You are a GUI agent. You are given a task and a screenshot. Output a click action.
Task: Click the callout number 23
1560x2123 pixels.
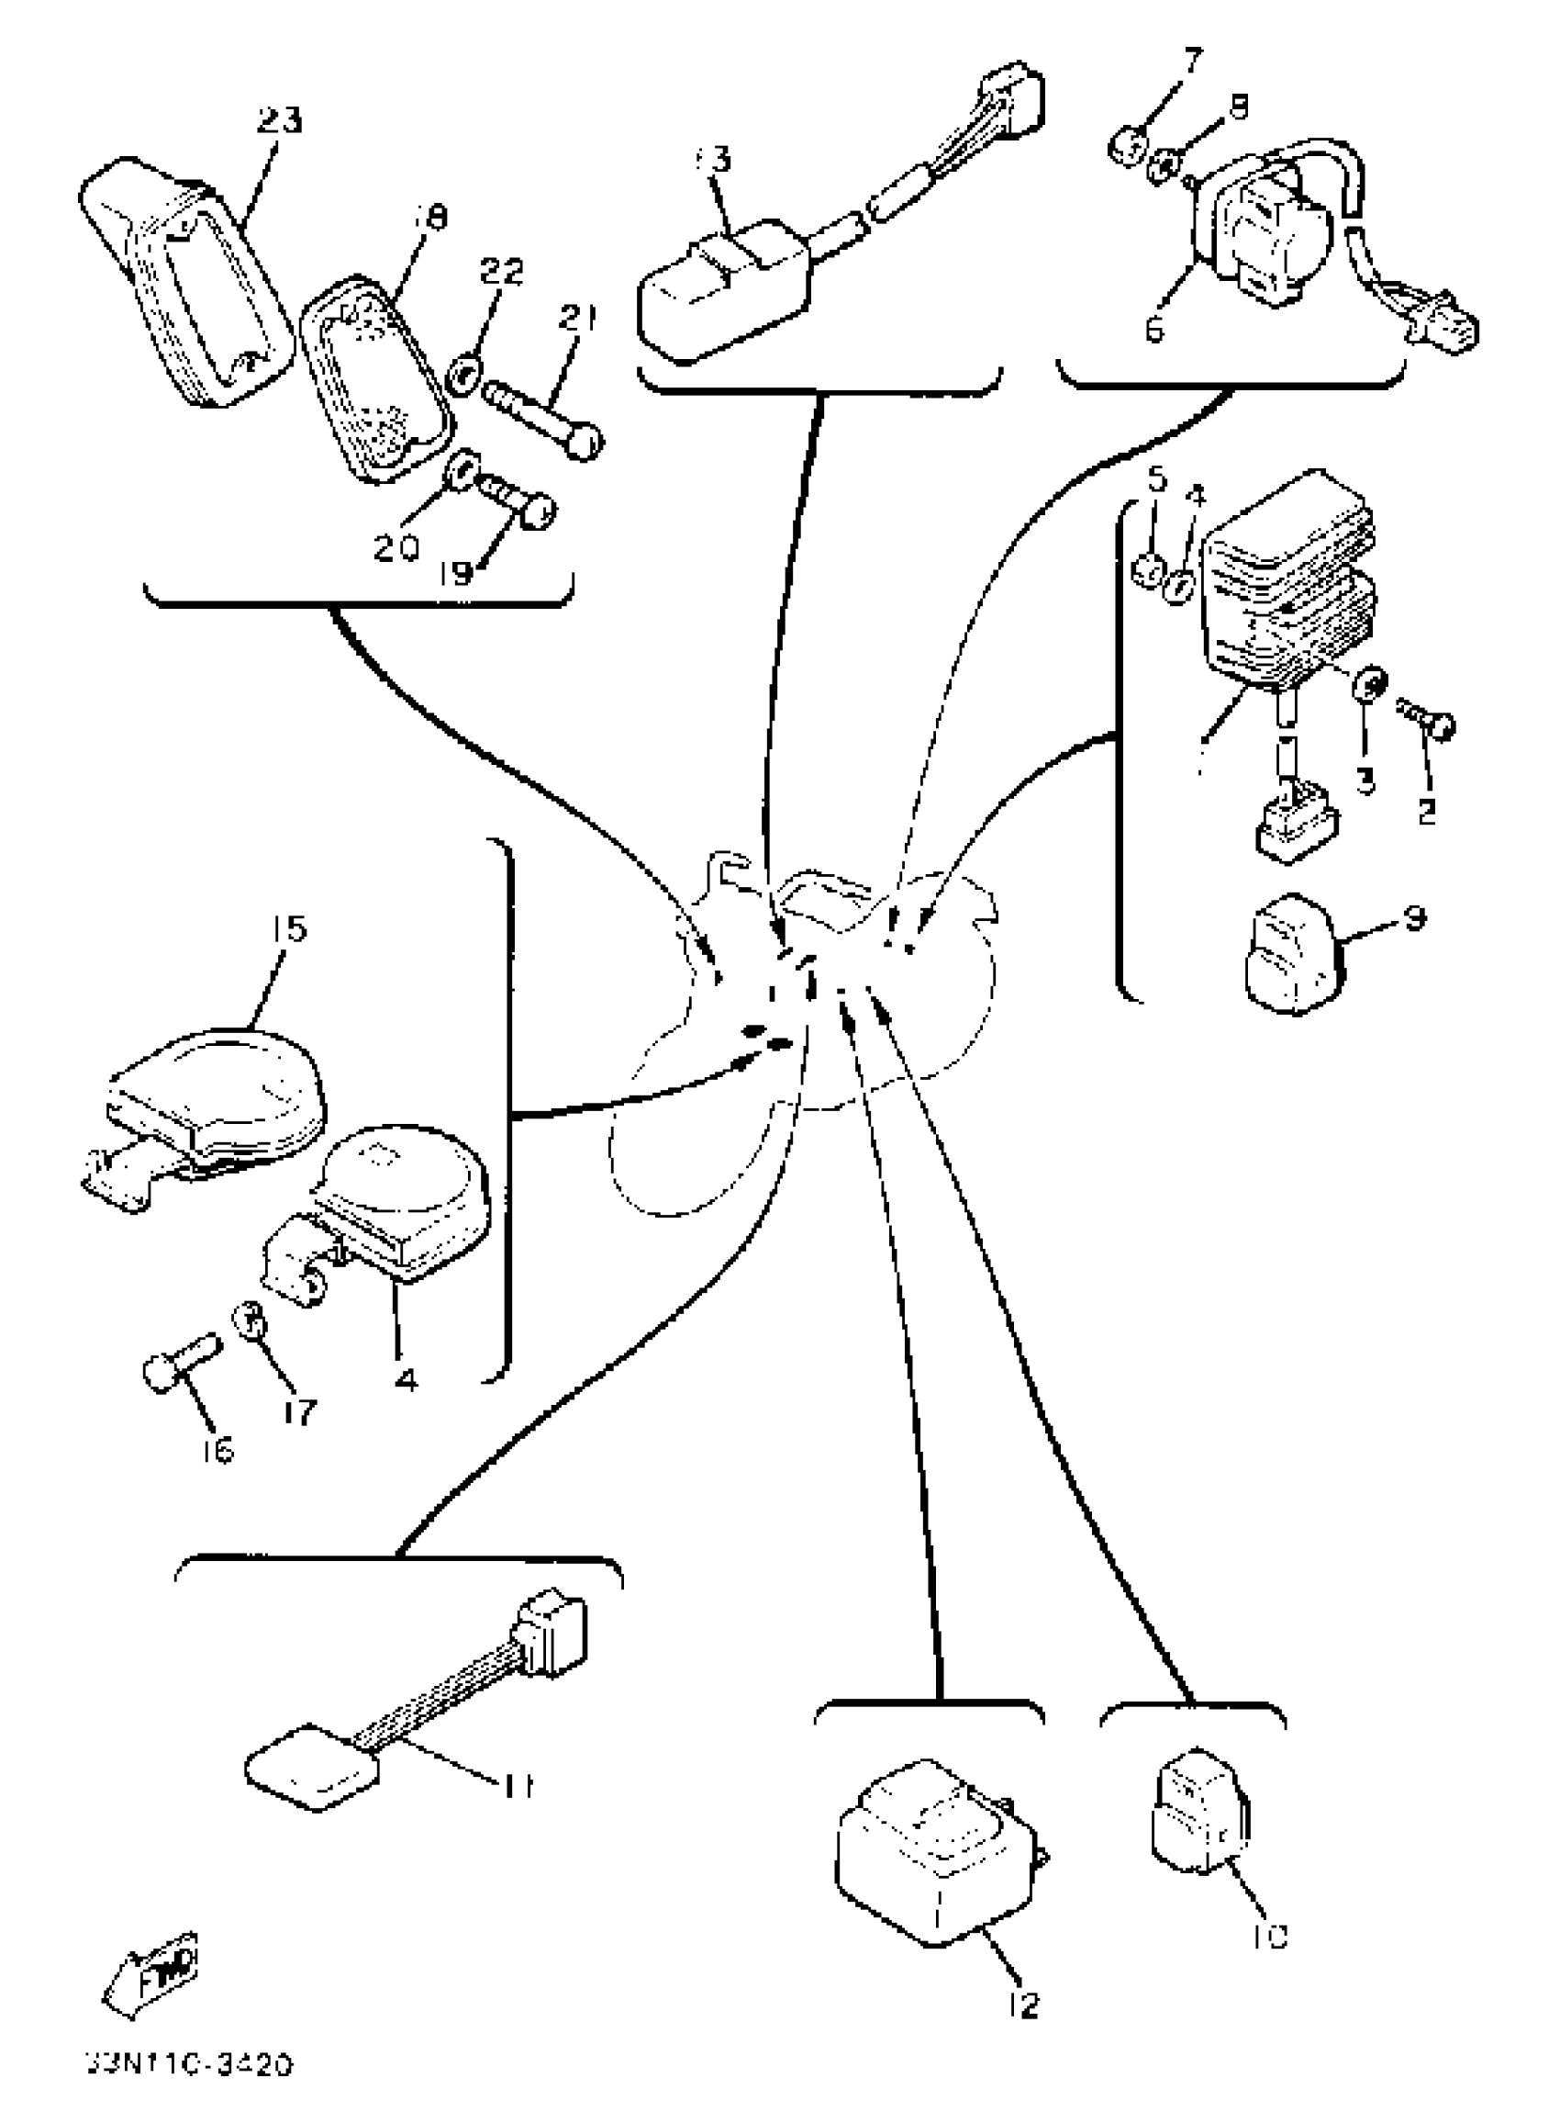tap(280, 121)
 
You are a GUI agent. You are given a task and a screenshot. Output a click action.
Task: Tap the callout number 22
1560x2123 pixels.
tap(501, 273)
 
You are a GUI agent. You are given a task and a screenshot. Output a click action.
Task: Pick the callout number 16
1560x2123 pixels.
tap(217, 1450)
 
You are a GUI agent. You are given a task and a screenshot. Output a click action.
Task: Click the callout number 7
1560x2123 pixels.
tap(1193, 62)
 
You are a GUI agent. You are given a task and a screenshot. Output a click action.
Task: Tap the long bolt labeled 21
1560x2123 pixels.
tap(543, 415)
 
